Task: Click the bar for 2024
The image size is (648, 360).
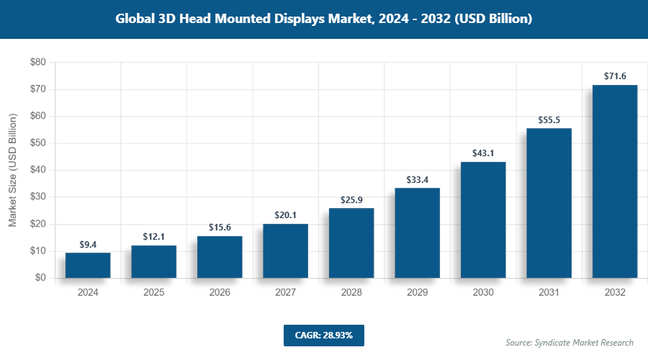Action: click(88, 265)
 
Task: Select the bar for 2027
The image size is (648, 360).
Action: click(285, 251)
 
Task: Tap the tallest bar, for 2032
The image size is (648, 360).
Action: click(615, 181)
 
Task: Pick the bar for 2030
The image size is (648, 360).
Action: click(483, 220)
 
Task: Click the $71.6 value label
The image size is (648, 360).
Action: click(615, 76)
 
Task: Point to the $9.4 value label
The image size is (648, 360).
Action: click(88, 244)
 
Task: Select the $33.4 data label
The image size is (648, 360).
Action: click(417, 179)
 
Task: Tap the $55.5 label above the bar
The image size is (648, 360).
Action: click(549, 119)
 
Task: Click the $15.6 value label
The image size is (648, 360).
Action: click(220, 227)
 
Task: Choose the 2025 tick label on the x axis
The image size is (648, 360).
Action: click(153, 293)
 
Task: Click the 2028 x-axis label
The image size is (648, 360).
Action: click(351, 293)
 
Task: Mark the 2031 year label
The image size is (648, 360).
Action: click(549, 293)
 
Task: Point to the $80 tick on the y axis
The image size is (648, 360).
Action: click(38, 63)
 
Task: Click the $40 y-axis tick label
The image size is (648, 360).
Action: click(38, 170)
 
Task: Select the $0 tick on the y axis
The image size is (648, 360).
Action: click(40, 278)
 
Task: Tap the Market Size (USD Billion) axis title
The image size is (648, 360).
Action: click(13, 170)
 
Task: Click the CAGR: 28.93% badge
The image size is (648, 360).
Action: click(323, 335)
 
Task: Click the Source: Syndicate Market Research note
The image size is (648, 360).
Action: click(570, 343)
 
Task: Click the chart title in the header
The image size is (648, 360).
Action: click(324, 19)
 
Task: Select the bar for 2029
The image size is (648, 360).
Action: click(417, 233)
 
